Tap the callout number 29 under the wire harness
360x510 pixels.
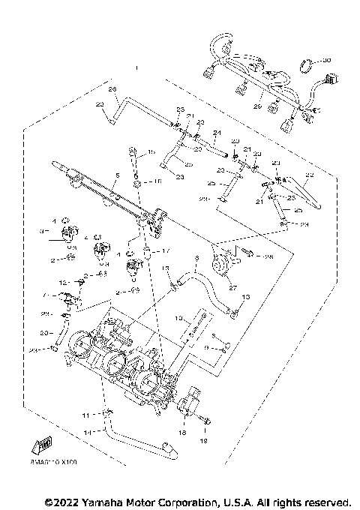coord(256,107)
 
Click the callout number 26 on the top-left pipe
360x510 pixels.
coord(113,90)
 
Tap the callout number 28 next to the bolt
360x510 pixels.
coord(268,256)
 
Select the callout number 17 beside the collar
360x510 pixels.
coord(166,251)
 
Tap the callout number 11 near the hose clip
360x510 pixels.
coord(85,415)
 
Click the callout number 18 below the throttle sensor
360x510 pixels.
coord(181,433)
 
